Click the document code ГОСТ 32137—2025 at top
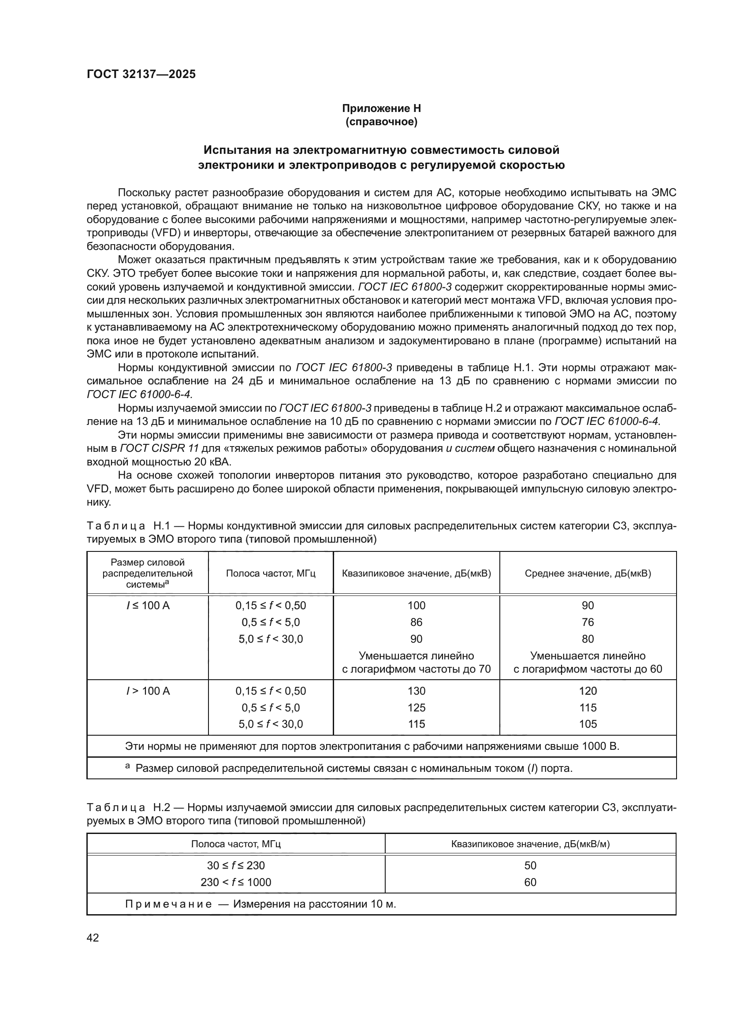pyautogui.click(x=141, y=74)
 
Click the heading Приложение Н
pyautogui.click(x=381, y=108)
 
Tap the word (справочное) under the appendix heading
pyautogui.click(x=381, y=122)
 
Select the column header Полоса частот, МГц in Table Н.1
pyautogui.click(x=271, y=573)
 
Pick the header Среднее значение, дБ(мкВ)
pyautogui.click(x=588, y=573)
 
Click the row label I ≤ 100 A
pyautogui.click(x=148, y=606)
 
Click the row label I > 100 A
pyautogui.click(x=148, y=691)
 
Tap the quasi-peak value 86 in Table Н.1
pyautogui.click(x=416, y=622)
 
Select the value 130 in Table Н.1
pyautogui.click(x=416, y=691)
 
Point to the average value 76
pyautogui.click(x=588, y=622)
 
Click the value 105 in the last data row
pyautogui.click(x=588, y=724)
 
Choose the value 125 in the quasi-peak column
pyautogui.click(x=416, y=708)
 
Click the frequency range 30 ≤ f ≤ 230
pyautogui.click(x=236, y=865)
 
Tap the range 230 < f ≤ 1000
pyautogui.click(x=236, y=882)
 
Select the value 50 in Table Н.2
pyautogui.click(x=530, y=865)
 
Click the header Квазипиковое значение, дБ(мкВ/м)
pyautogui.click(x=530, y=844)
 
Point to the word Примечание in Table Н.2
pyautogui.click(x=168, y=904)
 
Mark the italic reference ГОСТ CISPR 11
pyautogui.click(x=160, y=449)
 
